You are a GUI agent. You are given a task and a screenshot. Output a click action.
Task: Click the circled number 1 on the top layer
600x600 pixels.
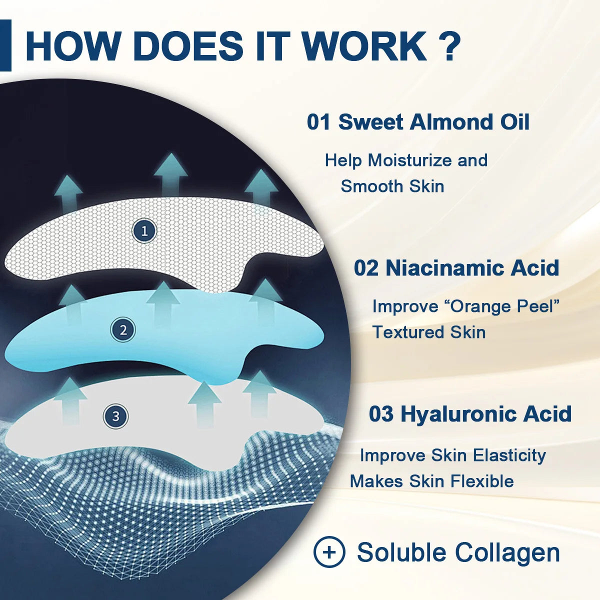point(144,231)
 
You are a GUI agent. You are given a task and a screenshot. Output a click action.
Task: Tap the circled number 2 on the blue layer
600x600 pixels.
point(123,330)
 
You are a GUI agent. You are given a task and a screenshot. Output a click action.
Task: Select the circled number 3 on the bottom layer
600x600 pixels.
point(116,416)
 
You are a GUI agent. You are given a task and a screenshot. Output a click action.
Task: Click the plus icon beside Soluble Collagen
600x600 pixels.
point(329,552)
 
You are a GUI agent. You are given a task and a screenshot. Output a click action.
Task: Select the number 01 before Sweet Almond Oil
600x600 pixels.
point(319,122)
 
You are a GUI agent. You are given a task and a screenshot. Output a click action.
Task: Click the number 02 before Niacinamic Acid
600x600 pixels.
point(366,268)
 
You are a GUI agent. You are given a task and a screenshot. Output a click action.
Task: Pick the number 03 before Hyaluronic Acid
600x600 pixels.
point(381,414)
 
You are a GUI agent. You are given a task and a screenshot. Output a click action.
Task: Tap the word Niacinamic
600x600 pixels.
point(437,268)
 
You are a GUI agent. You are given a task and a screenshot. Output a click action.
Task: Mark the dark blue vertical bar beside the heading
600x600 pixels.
point(5,45)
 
